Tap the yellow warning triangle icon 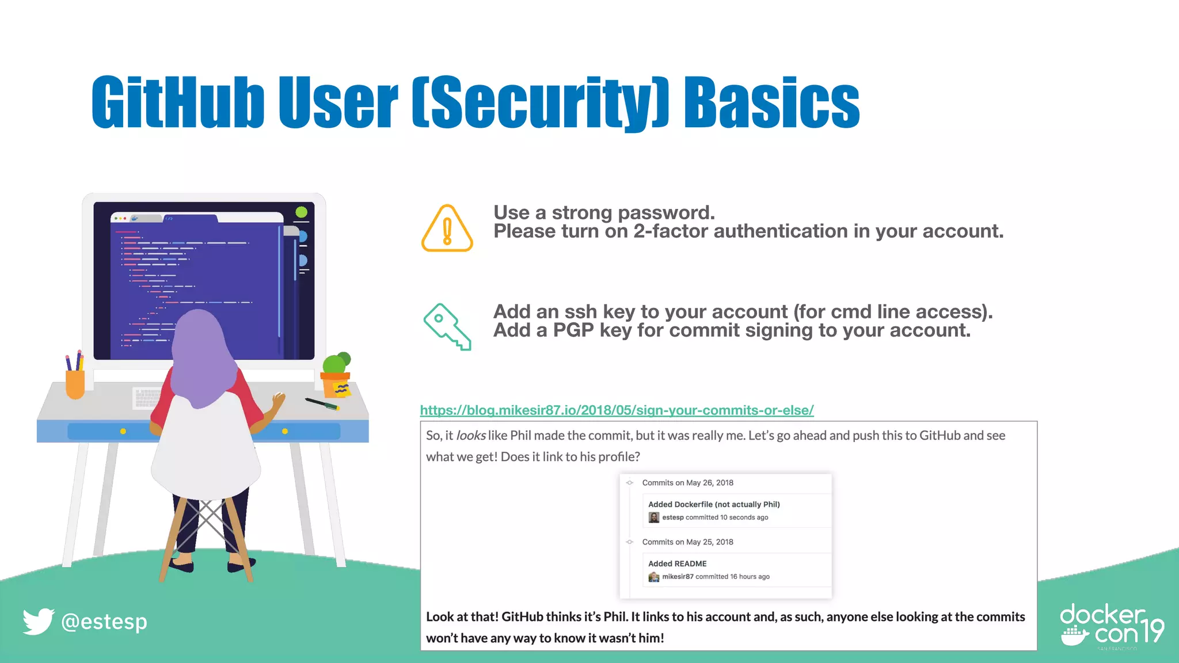(x=447, y=229)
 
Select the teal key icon (x=447, y=326)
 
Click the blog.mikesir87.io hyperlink (x=617, y=410)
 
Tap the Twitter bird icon (x=38, y=622)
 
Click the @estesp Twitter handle (x=104, y=622)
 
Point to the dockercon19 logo (x=1112, y=626)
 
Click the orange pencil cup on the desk (x=75, y=383)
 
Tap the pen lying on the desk (x=321, y=404)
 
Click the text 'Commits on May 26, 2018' (x=687, y=483)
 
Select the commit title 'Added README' (x=677, y=564)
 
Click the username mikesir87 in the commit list (x=678, y=577)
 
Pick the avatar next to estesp (x=654, y=517)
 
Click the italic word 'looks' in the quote (x=471, y=436)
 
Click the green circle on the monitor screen (x=301, y=212)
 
